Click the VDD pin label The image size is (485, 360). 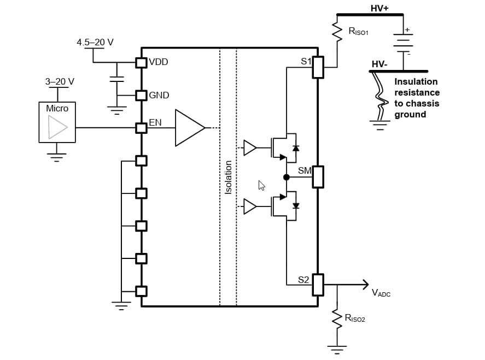point(159,62)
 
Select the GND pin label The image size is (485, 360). point(159,95)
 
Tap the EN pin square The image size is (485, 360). point(142,128)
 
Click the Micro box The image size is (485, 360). point(57,122)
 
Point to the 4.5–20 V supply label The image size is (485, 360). point(95,42)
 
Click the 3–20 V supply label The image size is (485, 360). point(60,81)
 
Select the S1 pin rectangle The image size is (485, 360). point(318,67)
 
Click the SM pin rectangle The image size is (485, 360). point(318,176)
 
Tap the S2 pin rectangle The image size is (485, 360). point(318,285)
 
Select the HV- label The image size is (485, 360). point(379,64)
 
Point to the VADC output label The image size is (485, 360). point(381,293)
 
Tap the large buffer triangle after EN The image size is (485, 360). point(189,128)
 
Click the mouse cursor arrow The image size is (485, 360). point(261,185)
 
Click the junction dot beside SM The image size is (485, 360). point(286,177)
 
